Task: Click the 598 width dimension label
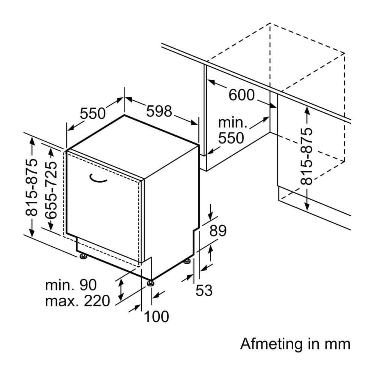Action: pos(159,111)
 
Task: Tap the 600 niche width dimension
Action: pos(241,95)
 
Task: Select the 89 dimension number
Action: pos(218,231)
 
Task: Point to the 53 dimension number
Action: pos(204,290)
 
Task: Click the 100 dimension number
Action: pos(156,316)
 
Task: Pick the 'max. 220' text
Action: pos(78,301)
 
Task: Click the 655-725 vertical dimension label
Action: pos(51,190)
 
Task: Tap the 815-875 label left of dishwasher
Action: pos(31,187)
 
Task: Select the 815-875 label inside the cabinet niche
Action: pos(306,156)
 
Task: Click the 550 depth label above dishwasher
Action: pos(93,113)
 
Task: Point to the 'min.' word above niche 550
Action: pos(233,122)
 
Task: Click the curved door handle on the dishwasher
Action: pos(97,178)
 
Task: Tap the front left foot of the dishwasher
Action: pos(84,256)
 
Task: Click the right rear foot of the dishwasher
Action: pos(187,261)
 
